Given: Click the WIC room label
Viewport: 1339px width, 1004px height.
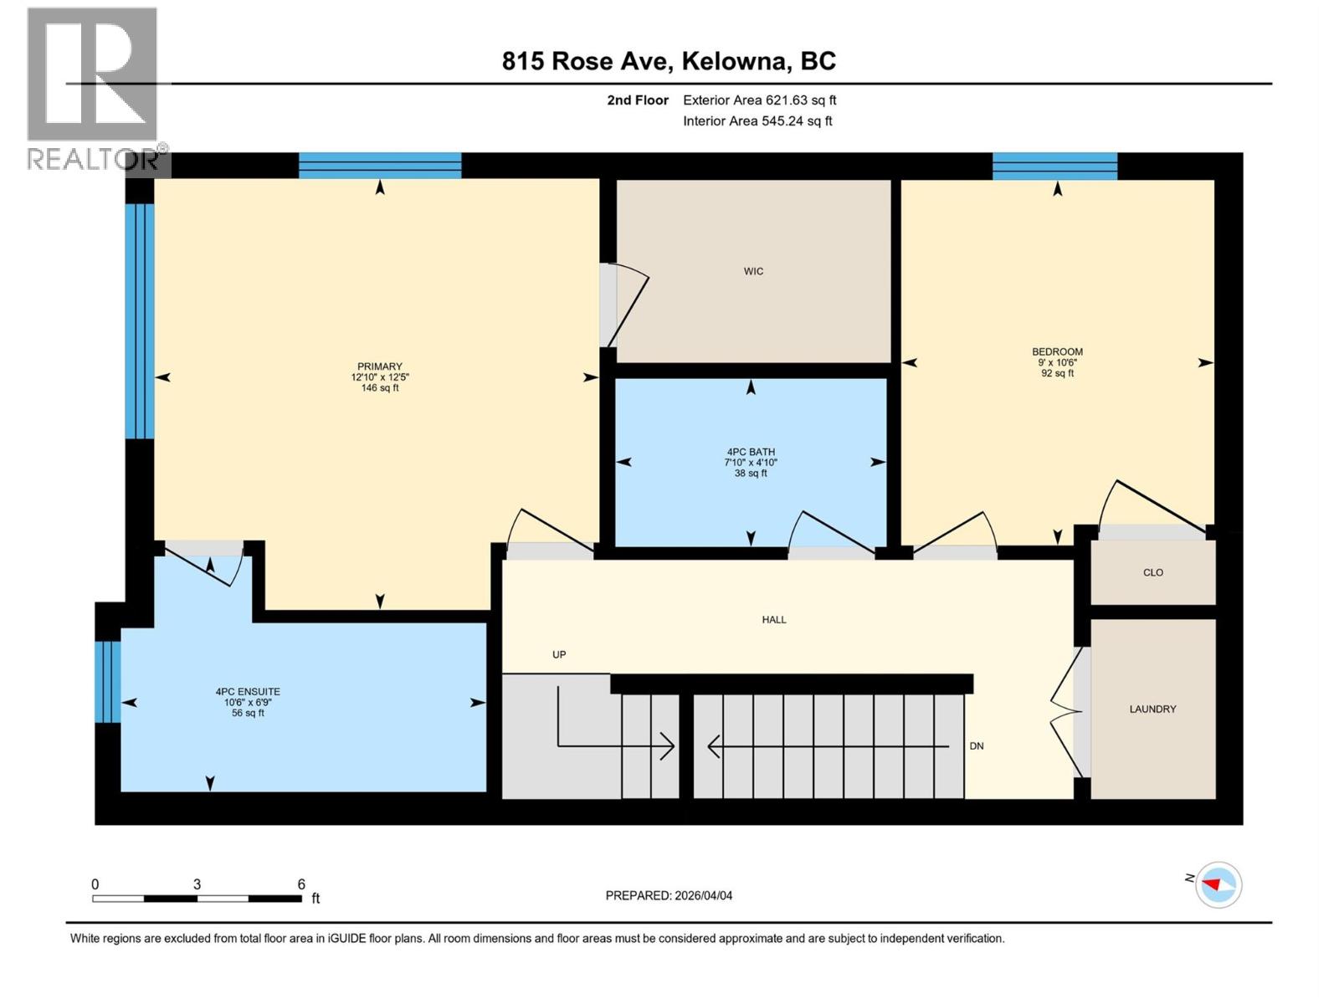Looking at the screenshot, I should [753, 271].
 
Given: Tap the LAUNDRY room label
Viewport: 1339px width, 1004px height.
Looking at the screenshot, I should [1152, 709].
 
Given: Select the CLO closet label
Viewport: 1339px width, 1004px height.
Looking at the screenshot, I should [1152, 572].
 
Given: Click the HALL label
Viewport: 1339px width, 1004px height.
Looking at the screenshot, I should [773, 619].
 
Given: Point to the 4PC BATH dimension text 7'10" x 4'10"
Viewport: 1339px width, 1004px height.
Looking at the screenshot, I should [751, 463].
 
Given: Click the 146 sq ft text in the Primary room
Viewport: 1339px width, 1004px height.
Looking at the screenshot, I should [379, 388].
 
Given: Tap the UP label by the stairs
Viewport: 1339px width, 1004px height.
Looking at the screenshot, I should [559, 654].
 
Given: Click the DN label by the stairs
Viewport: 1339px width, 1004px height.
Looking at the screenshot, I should [976, 745].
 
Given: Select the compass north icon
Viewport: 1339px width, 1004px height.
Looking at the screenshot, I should [1218, 884].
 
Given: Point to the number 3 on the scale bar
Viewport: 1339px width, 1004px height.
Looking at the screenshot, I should [197, 884].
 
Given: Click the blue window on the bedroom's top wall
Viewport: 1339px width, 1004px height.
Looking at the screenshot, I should [1054, 166].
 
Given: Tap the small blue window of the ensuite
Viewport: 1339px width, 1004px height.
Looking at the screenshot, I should [107, 681].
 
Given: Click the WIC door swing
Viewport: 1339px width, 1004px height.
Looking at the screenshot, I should [626, 305].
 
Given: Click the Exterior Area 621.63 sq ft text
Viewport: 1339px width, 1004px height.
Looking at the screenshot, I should [759, 100].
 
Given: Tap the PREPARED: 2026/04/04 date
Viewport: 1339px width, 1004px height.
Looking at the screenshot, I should [669, 895].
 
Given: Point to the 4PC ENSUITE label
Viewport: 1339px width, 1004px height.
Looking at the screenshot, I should [248, 692].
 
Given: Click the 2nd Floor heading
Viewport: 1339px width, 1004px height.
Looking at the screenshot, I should [638, 100].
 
